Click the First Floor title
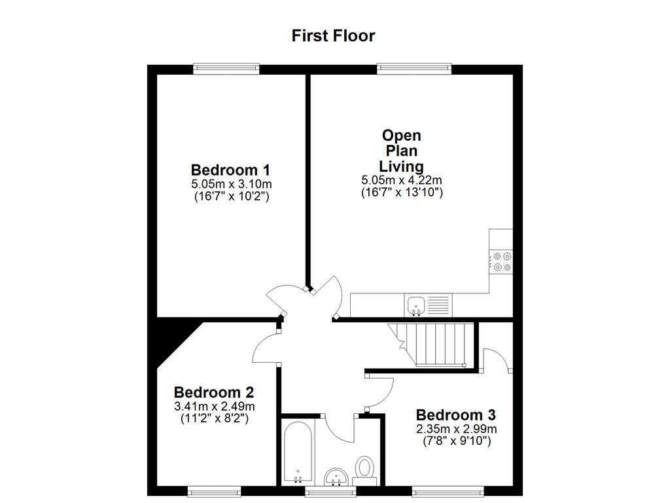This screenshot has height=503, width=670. pos(334,35)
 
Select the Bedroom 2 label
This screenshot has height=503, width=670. pos(214,392)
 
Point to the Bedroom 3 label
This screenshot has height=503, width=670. pos(455,415)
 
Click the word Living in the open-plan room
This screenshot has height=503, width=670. pos(402,166)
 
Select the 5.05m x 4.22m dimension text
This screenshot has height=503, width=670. pos(402,180)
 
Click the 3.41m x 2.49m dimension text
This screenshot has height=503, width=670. pos(214,406)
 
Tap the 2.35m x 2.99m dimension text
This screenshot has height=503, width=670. pos(455,429)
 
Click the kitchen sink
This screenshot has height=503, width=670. pos(417,305)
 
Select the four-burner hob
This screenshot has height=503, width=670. pos(502,261)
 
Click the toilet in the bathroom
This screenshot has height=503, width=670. pos(364,470)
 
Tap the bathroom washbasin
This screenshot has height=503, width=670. pos(336,476)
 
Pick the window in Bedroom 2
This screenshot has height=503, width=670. pos(213,490)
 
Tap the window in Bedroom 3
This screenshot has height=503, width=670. pos(448,490)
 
